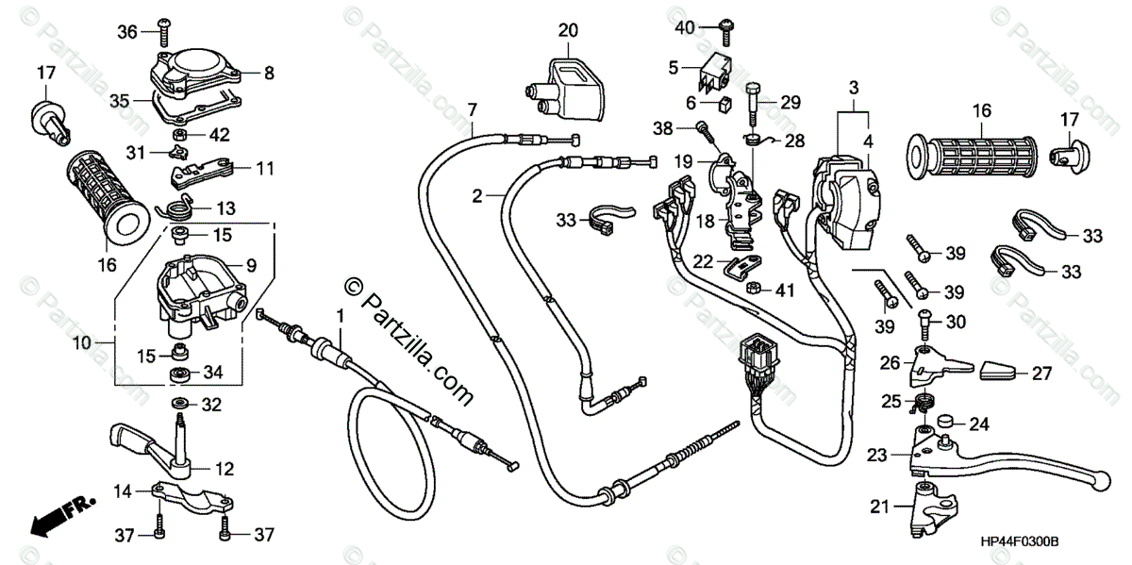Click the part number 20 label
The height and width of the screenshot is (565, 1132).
[567, 31]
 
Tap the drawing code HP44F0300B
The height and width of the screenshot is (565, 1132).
[1020, 542]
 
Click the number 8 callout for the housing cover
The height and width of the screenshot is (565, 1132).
[269, 72]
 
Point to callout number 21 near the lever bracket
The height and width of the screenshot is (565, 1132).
[879, 507]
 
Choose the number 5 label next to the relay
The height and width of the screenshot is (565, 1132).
[674, 67]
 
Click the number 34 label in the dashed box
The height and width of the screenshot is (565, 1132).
[213, 374]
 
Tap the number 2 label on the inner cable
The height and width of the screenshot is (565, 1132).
[478, 195]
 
